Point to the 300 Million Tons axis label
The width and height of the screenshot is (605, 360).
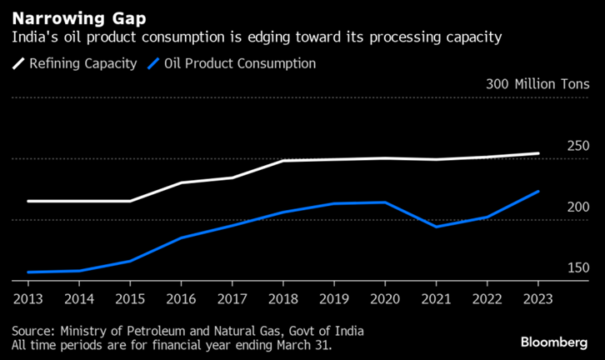pos(537,84)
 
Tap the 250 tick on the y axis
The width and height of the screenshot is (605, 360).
pos(577,146)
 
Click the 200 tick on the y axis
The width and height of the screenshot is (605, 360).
pos(577,207)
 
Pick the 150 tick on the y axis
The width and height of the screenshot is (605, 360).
pos(577,267)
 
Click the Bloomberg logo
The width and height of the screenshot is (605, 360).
pos(553,342)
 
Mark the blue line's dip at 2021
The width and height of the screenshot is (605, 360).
pos(435,227)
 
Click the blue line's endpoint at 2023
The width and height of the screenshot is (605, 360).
pos(537,192)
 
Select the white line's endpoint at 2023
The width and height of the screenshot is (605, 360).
pos(537,153)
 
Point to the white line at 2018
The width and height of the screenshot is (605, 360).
pos(282,160)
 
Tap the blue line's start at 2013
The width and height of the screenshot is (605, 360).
pos(27,272)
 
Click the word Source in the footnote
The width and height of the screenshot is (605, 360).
pos(33,330)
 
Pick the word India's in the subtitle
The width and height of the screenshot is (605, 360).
pos(32,37)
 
